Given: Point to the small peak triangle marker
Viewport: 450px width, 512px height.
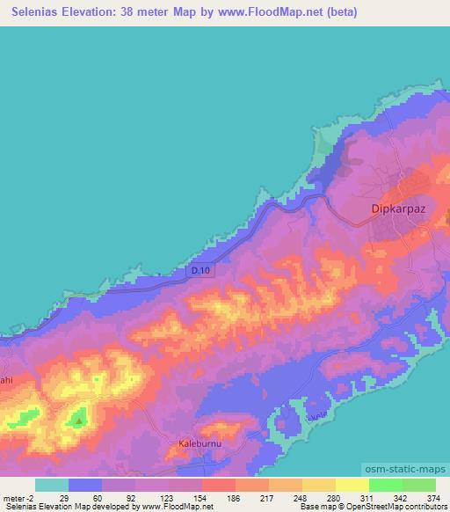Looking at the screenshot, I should (80, 421).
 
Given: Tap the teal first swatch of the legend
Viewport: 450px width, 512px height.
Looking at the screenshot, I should (52, 485).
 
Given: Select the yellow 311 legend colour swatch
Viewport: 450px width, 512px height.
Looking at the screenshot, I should (352, 485).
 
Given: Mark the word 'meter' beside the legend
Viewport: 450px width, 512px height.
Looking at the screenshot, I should (13, 497).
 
